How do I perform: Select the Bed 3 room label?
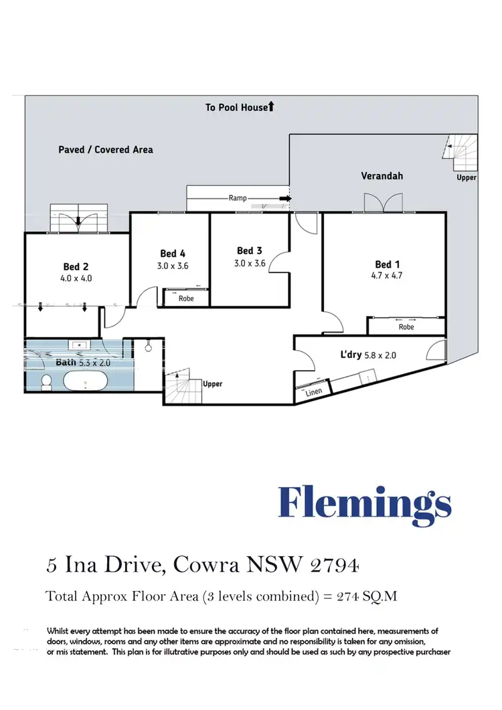click(250, 252)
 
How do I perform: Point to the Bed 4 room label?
click(173, 254)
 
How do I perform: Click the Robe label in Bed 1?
click(406, 327)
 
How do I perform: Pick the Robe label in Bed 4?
click(186, 298)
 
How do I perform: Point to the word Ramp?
click(238, 199)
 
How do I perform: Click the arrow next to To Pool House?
click(271, 106)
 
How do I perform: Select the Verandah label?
click(382, 177)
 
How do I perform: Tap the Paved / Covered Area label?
click(105, 149)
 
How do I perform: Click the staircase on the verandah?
click(461, 153)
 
